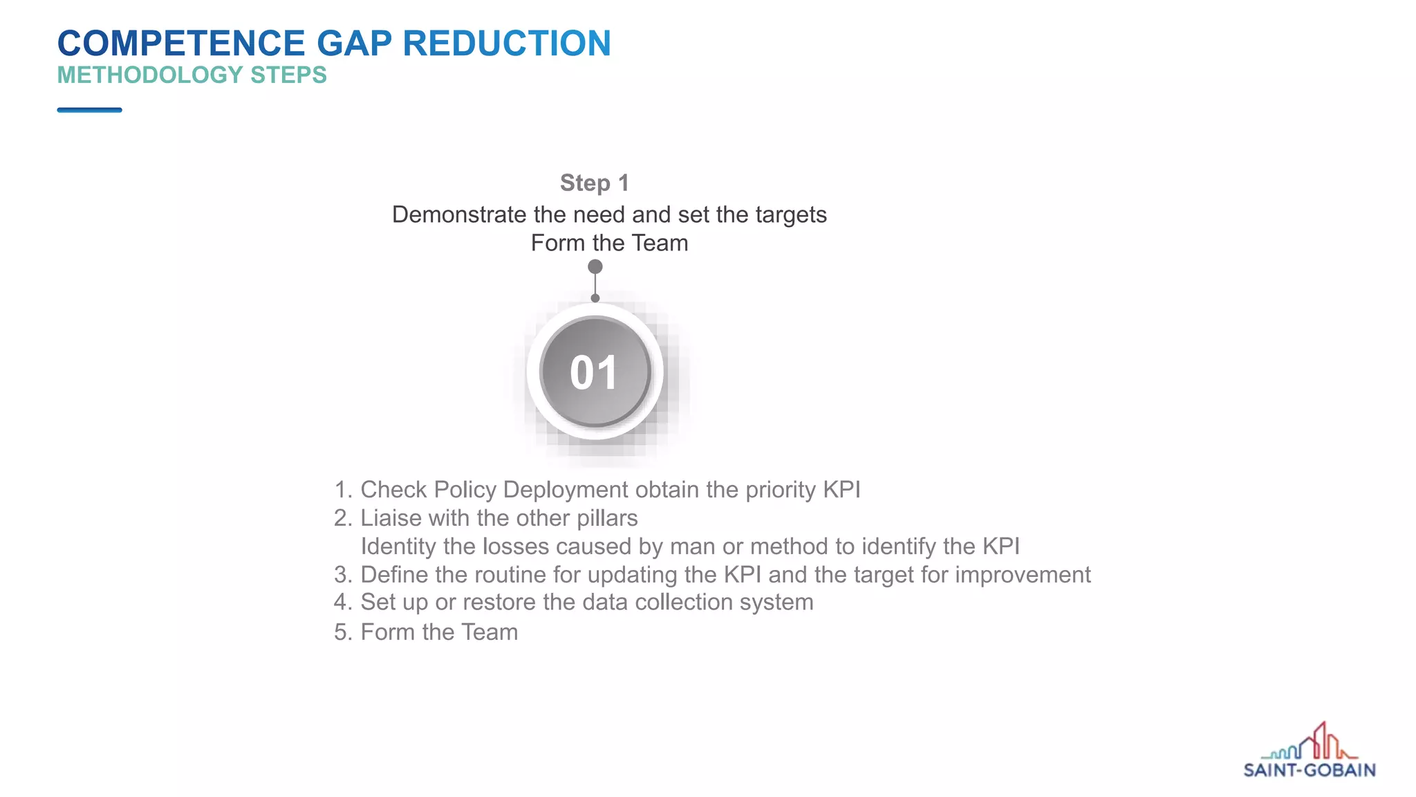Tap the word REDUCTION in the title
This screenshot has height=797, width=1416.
(507, 44)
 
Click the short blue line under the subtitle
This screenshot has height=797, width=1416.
(89, 110)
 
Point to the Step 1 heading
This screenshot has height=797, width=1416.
(595, 183)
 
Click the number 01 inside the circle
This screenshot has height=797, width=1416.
(594, 373)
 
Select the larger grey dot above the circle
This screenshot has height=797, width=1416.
(595, 267)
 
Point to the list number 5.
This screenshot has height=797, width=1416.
(343, 632)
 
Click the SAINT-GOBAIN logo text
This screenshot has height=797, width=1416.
(1309, 770)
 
